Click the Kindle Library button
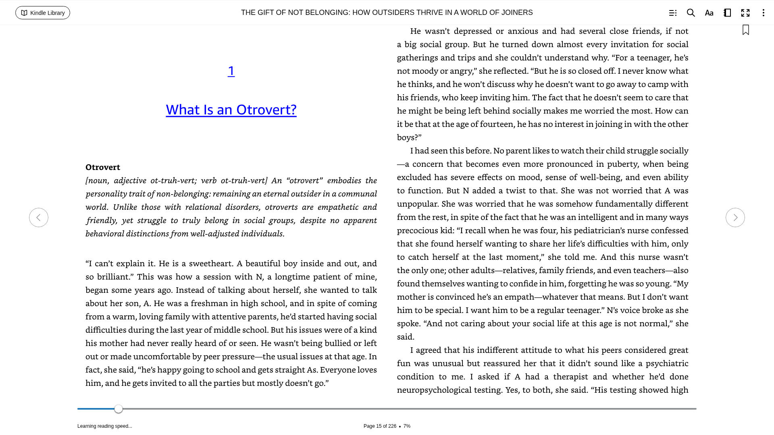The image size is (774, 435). tap(43, 13)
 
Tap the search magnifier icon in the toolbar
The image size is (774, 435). tap(691, 13)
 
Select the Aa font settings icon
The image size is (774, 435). tap(709, 13)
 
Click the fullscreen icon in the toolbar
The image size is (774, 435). tap(745, 13)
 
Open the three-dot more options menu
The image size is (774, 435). tap(763, 13)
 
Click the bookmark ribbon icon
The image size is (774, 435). tap(746, 30)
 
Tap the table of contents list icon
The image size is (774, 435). tap(672, 13)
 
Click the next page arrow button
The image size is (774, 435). tap(735, 217)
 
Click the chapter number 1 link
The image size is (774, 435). tap(231, 71)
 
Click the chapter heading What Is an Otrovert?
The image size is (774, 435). tap(231, 110)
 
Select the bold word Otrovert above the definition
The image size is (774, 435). tap(103, 167)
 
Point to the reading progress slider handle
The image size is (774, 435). tap(119, 409)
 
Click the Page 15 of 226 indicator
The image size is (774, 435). tap(380, 426)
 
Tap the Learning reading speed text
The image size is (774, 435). tap(105, 426)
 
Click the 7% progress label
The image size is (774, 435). tap(407, 426)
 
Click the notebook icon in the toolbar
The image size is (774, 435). tap(727, 13)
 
